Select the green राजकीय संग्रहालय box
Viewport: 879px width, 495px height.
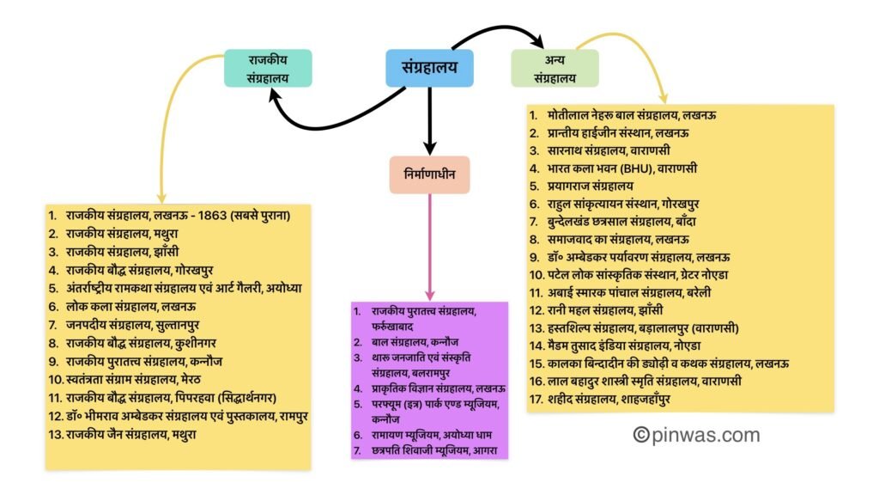pyautogui.click(x=268, y=68)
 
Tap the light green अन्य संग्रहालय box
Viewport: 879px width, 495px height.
pyautogui.click(x=555, y=68)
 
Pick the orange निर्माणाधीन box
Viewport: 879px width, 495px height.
pyautogui.click(x=429, y=174)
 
